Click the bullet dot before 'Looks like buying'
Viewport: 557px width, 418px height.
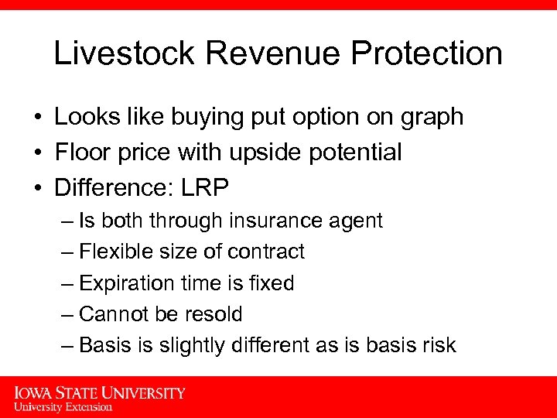[36, 117]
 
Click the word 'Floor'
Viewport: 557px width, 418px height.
[80, 152]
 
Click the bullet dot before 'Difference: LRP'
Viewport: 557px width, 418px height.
[36, 188]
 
